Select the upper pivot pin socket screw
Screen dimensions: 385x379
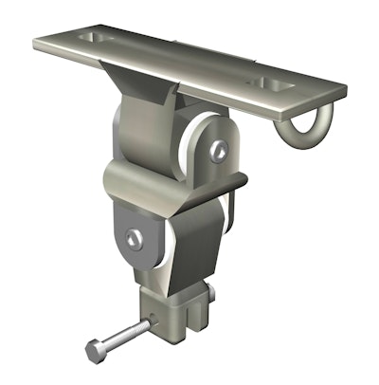point(219,149)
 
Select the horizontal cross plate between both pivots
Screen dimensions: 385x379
point(175,179)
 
